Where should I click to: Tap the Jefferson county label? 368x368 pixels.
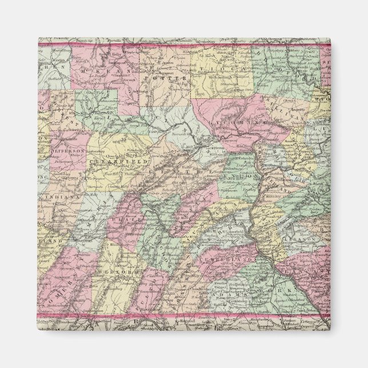[x=68, y=150]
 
